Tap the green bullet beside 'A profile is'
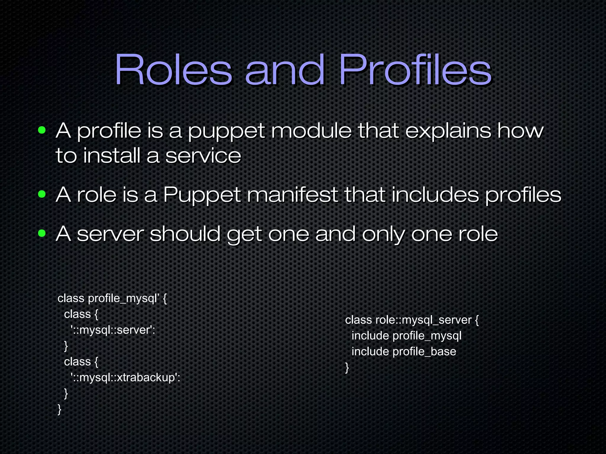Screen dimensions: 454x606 (x=42, y=130)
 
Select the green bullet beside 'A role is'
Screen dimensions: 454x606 (x=42, y=194)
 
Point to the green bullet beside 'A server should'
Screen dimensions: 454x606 (x=42, y=234)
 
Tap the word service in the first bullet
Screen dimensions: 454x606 (x=203, y=156)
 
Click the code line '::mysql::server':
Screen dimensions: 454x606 (x=113, y=330)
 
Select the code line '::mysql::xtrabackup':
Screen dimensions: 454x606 (x=125, y=377)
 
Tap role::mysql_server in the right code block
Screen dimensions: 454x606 (x=423, y=320)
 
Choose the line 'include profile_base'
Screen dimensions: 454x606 (x=404, y=352)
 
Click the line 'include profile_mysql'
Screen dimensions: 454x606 (x=406, y=336)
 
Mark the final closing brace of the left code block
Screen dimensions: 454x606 (x=59, y=409)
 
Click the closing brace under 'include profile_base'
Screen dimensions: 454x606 (x=347, y=368)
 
